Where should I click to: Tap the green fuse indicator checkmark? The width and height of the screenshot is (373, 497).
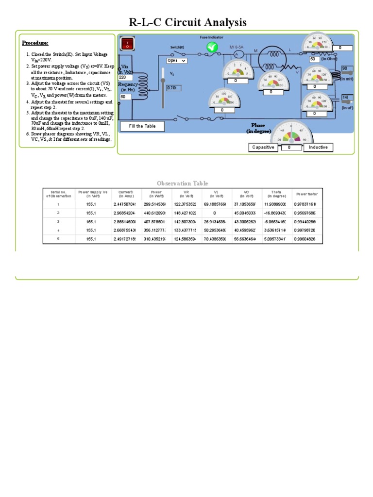coord(212,47)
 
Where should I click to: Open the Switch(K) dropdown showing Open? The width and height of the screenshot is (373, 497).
coord(176,61)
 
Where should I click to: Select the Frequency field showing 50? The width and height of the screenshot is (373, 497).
coord(125,97)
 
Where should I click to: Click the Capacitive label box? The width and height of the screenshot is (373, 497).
coord(263,147)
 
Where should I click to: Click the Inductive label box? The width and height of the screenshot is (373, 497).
coord(318,147)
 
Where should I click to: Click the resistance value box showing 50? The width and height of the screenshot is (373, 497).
coord(314,59)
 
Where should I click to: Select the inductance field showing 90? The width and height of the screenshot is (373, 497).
coord(348,69)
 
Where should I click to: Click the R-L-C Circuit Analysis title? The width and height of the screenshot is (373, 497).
coord(187,22)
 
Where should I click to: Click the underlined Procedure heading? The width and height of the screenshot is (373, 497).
coord(35,43)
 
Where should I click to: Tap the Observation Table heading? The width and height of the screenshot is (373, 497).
coord(182,183)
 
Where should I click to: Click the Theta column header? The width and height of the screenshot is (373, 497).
coord(276,194)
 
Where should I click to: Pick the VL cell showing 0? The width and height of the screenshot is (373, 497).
coord(215,213)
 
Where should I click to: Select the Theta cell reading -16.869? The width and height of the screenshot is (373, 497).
coord(276,213)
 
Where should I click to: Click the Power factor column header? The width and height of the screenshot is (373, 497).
coord(307,194)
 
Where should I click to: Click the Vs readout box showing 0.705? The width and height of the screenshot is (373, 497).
coord(174,88)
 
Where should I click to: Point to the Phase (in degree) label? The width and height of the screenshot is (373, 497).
coord(258,128)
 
